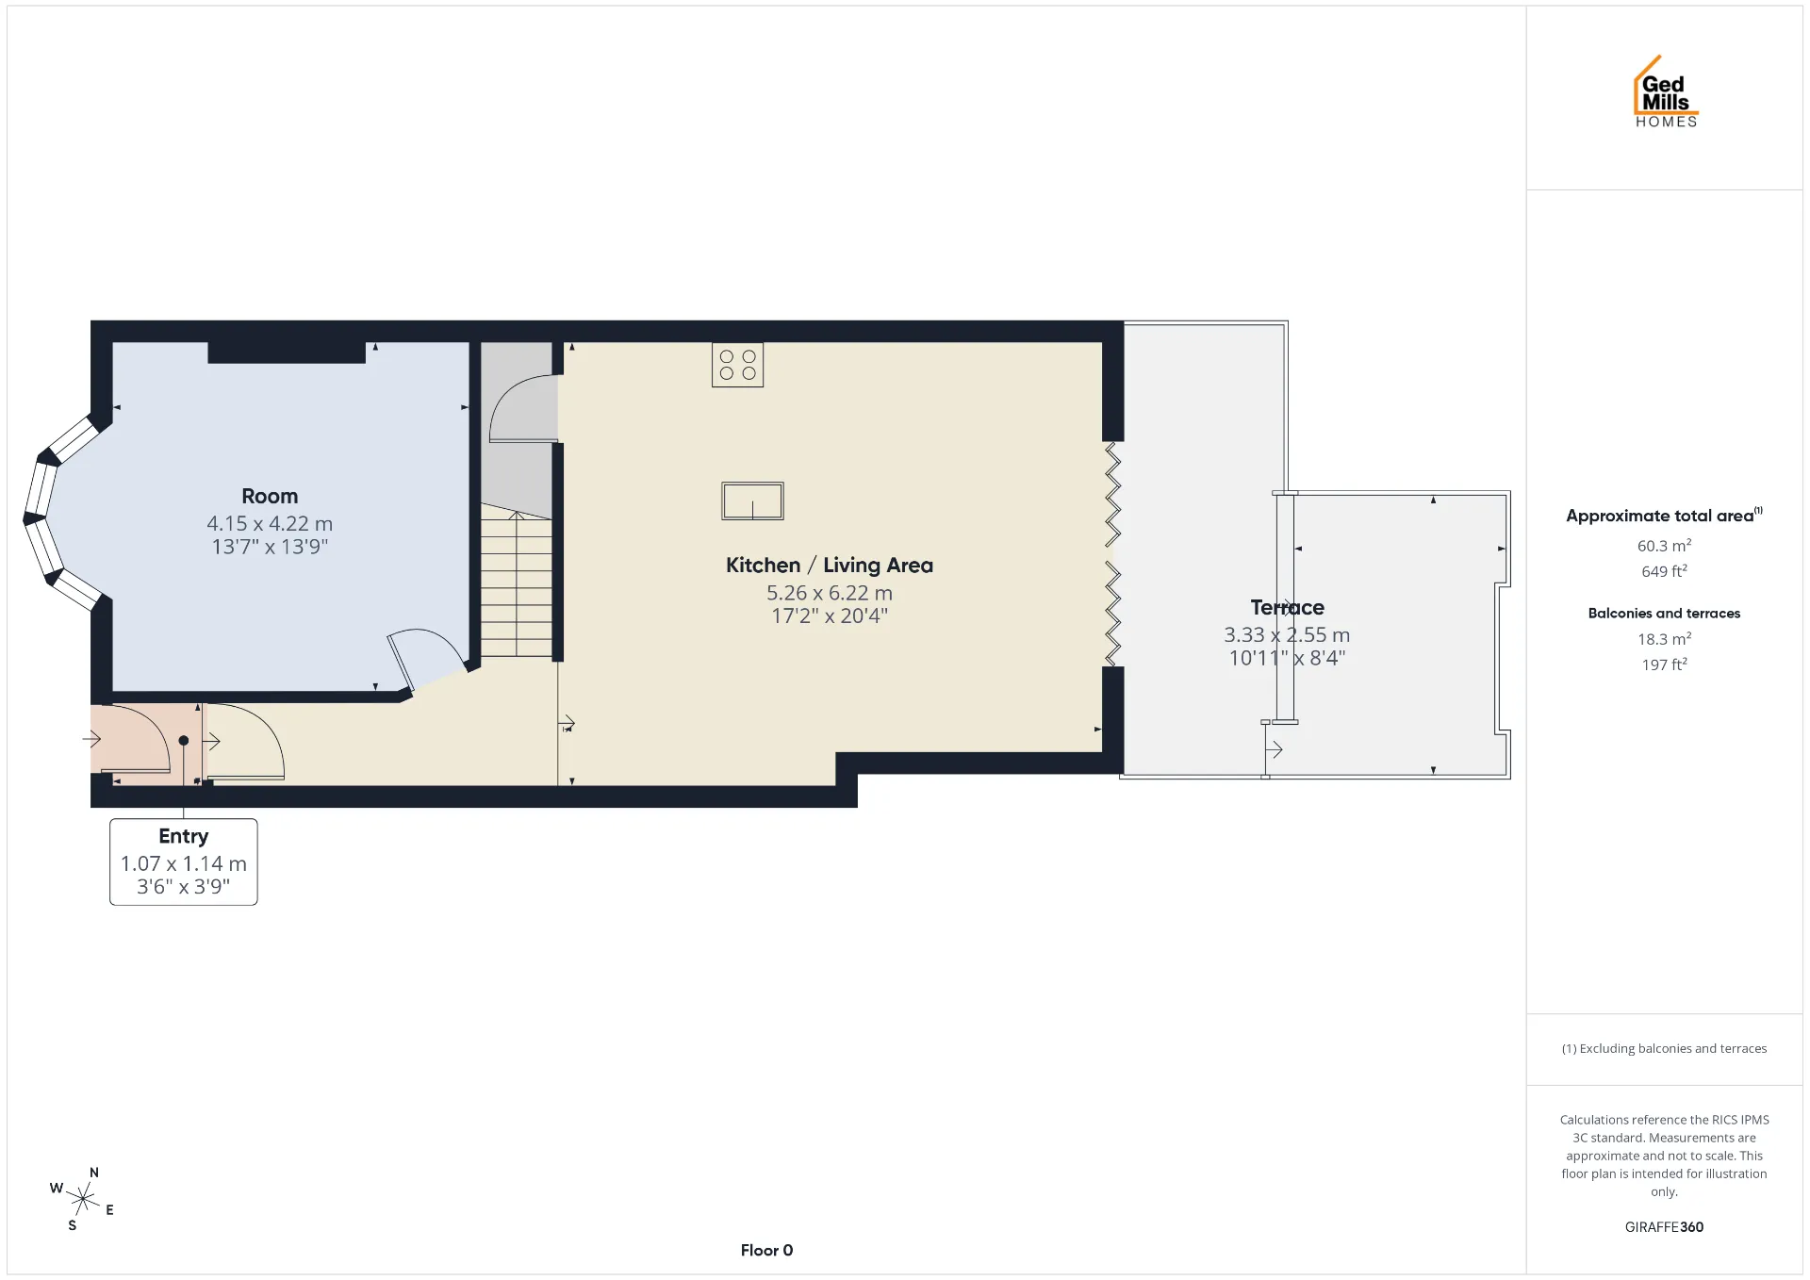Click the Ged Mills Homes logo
[x=1666, y=91]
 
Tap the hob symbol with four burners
[x=737, y=365]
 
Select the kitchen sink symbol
[x=752, y=501]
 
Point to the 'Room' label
[x=270, y=496]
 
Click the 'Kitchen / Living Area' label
[x=830, y=565]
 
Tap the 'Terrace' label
[x=1287, y=607]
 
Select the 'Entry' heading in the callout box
[x=184, y=836]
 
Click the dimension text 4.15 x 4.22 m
[x=270, y=523]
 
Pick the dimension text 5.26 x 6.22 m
[x=830, y=593]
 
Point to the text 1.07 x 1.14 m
[x=184, y=863]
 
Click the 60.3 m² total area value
[x=1664, y=546]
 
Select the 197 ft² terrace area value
[x=1664, y=665]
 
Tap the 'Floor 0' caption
[x=766, y=1250]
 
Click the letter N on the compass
[x=94, y=1173]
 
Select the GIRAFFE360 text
[x=1664, y=1226]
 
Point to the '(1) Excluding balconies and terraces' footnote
[x=1664, y=1048]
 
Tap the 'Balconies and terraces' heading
[x=1664, y=613]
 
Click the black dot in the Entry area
[x=184, y=741]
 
